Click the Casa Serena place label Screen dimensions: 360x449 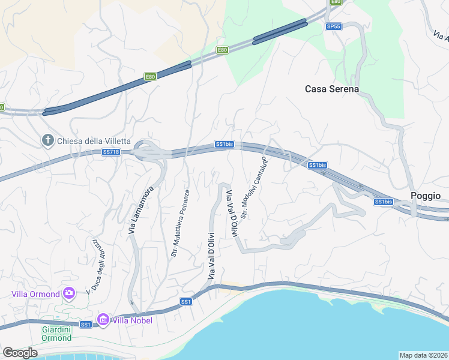[331, 89]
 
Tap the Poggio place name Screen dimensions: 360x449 [425, 196]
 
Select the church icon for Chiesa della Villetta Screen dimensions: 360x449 [48, 140]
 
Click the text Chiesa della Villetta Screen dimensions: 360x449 [94, 141]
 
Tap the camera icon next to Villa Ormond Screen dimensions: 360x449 [69, 293]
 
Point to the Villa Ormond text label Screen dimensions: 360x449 [35, 294]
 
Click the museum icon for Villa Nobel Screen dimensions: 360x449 [103, 320]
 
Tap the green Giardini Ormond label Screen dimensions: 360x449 [57, 334]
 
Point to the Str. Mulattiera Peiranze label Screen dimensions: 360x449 [180, 223]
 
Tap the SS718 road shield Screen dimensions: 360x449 [111, 152]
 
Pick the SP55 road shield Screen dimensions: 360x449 [333, 26]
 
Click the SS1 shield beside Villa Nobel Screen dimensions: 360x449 [86, 325]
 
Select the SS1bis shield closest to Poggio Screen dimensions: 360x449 [383, 202]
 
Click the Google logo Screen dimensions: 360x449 [20, 352]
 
